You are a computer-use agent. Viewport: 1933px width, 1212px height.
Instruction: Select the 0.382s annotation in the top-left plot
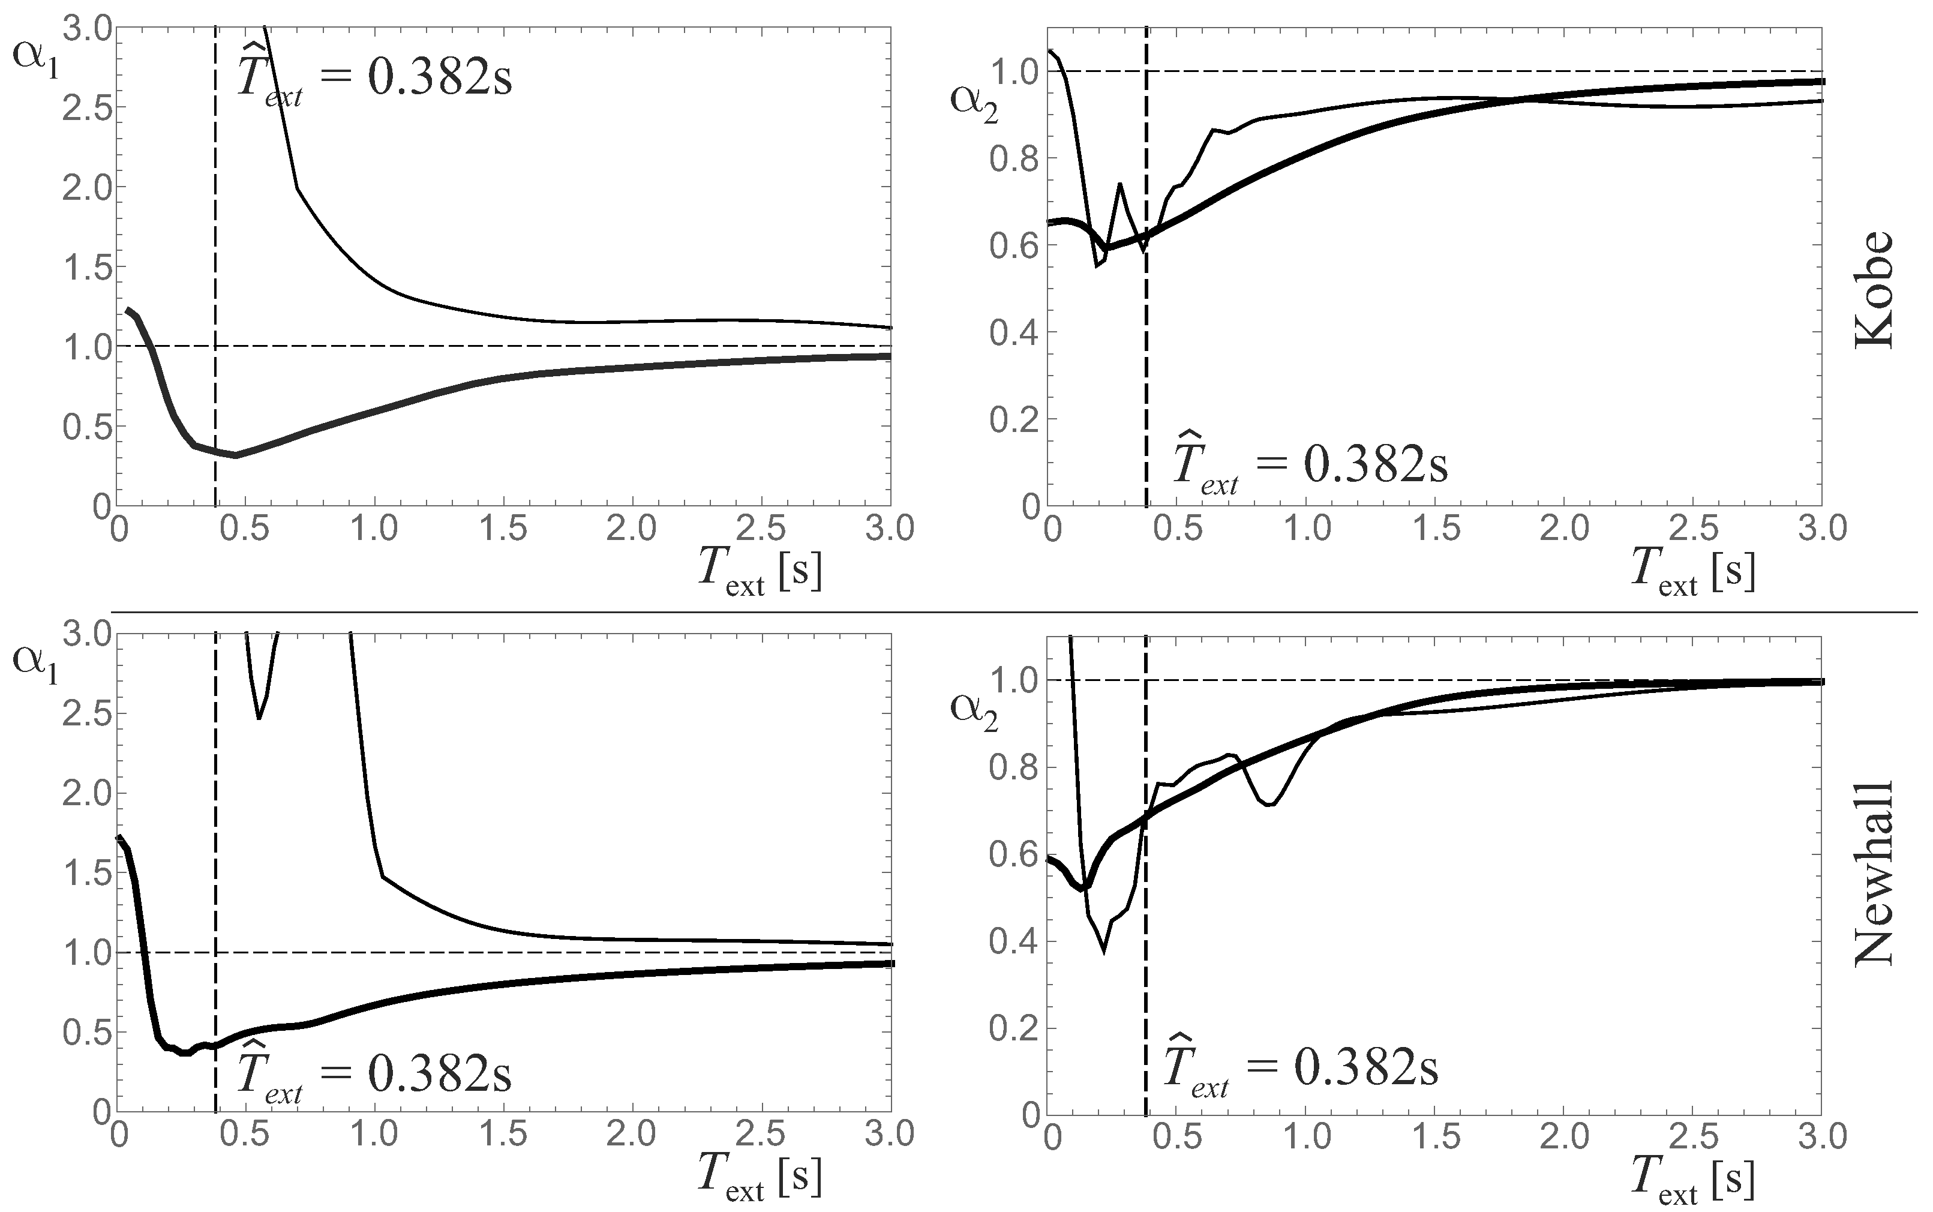439,78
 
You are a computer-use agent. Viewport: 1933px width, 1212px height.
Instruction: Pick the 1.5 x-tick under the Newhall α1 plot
505,1135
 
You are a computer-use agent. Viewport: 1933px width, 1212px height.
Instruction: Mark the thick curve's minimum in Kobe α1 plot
236,455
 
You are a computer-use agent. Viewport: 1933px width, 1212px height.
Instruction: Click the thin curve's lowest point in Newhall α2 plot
1104,952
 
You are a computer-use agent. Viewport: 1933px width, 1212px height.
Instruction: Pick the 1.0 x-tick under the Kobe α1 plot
375,529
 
